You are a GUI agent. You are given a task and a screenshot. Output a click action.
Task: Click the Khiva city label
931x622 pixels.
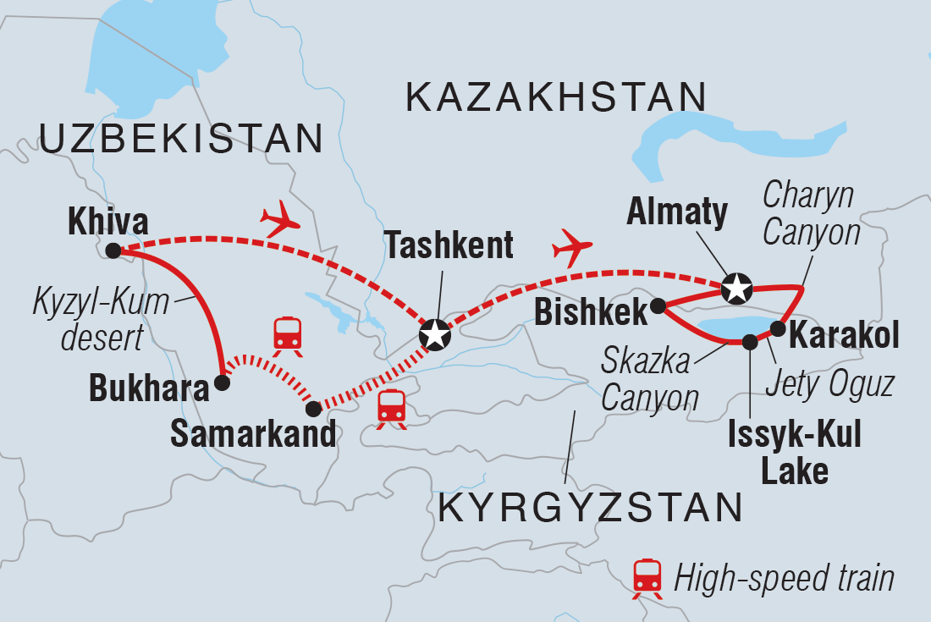(109, 223)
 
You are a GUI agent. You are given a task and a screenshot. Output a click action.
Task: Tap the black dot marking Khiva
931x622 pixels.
(113, 250)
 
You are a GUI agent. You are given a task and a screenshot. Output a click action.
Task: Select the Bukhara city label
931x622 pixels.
(149, 390)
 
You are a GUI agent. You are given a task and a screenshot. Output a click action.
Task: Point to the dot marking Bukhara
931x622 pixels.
(222, 383)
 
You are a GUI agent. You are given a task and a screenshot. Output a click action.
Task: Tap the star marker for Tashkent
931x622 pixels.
(435, 335)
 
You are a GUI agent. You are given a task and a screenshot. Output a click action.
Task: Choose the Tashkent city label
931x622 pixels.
(449, 245)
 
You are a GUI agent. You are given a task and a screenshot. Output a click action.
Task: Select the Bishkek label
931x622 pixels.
(590, 311)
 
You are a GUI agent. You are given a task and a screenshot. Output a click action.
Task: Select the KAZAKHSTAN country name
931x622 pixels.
(556, 97)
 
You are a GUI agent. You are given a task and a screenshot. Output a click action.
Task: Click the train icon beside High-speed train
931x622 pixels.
(647, 578)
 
